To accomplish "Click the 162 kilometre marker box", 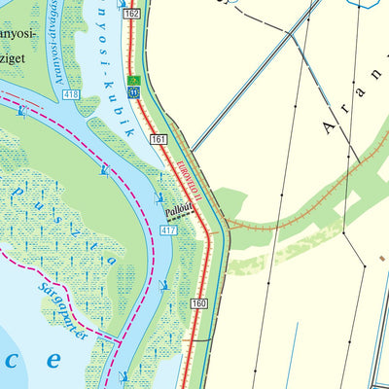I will [132, 13].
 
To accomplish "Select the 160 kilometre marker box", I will [199, 304].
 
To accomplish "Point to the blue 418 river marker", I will [70, 94].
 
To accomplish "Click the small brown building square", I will [381, 259].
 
